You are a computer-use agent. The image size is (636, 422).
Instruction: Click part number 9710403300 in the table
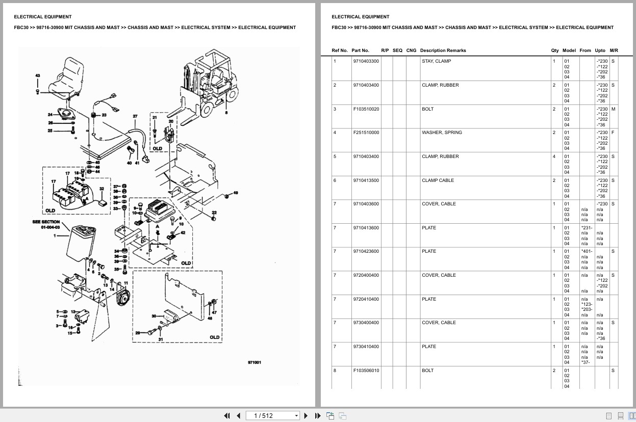click(366, 61)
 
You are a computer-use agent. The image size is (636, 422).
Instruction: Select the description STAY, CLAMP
click(436, 61)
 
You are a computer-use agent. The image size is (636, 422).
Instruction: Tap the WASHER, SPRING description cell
click(442, 133)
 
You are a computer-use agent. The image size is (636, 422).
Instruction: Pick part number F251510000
click(366, 133)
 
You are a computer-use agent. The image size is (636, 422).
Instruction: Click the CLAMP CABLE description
click(438, 180)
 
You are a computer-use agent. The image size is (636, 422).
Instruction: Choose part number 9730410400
click(366, 347)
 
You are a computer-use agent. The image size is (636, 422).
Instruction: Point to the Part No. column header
click(360, 50)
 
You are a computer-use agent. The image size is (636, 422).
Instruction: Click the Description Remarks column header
click(443, 50)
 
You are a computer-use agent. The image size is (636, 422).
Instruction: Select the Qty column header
click(555, 50)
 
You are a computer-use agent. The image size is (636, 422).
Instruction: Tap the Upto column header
click(600, 50)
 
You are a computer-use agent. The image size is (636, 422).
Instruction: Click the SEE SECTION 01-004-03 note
click(46, 224)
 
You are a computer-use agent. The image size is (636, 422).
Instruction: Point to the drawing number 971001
click(254, 363)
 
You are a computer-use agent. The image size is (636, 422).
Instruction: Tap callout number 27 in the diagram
click(135, 116)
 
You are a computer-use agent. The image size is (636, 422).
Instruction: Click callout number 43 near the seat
click(37, 75)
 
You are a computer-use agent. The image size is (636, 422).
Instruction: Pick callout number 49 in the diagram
click(235, 193)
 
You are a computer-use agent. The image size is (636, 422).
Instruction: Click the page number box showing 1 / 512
click(273, 415)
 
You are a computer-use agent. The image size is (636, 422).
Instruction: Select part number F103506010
click(366, 371)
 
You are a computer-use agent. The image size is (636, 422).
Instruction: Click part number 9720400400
click(366, 275)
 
